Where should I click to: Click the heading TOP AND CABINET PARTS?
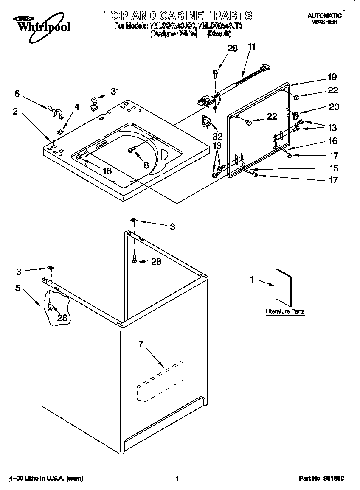click(178, 16)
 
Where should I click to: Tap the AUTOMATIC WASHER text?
click(324, 19)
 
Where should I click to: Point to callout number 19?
click(332, 77)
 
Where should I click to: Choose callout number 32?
click(217, 137)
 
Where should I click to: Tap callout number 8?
click(146, 165)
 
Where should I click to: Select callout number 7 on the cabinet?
click(141, 344)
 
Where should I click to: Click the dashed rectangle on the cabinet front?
click(160, 381)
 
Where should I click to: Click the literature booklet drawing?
click(284, 287)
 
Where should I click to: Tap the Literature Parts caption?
click(285, 311)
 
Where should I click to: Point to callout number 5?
click(17, 288)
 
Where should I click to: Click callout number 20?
click(334, 106)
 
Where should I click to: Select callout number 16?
click(333, 141)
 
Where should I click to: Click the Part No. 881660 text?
click(321, 479)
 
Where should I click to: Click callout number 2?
click(15, 111)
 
